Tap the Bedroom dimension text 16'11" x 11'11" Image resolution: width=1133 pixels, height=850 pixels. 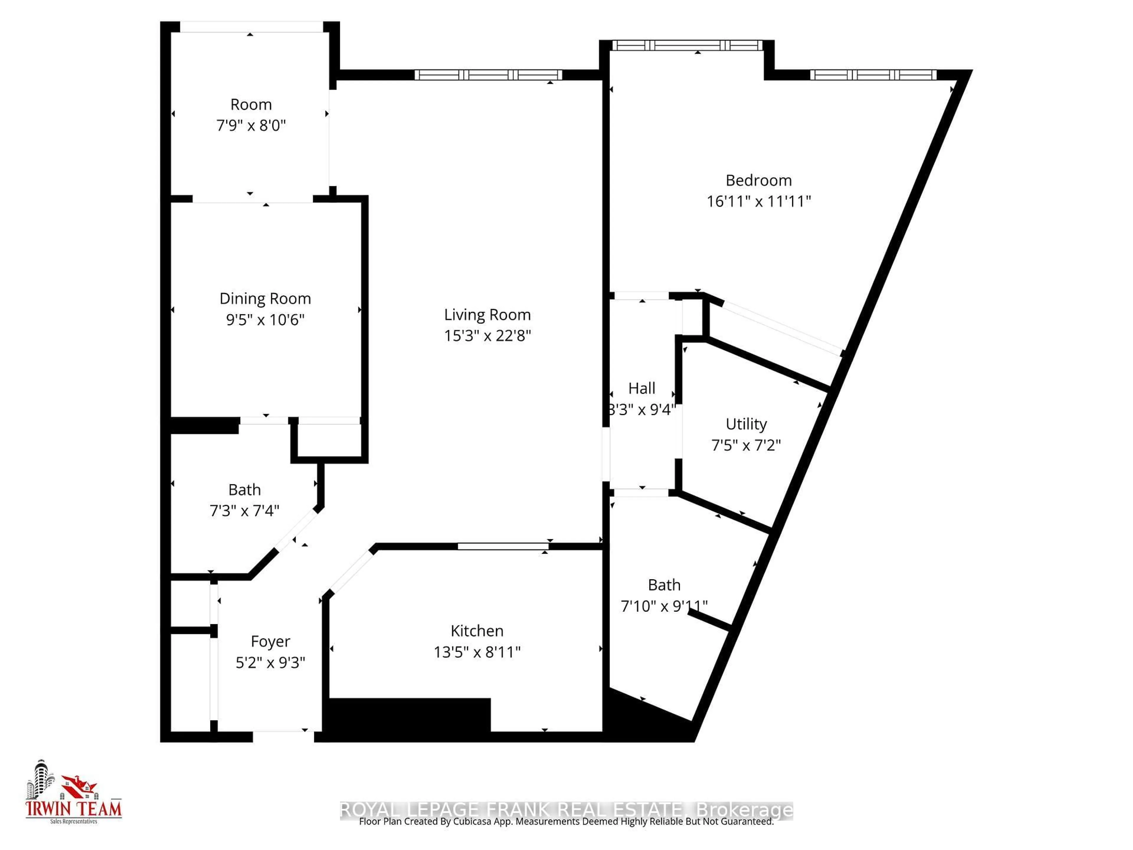(759, 201)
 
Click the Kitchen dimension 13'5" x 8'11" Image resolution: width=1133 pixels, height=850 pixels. (477, 652)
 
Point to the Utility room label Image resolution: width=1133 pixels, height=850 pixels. (746, 424)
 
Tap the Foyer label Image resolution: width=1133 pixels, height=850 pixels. (271, 641)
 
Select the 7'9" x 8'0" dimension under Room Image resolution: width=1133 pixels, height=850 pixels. (251, 125)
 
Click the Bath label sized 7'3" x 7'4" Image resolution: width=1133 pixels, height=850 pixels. (244, 490)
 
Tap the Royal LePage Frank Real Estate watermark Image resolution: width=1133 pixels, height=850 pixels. (566, 810)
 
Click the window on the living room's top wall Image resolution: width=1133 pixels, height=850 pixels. (488, 75)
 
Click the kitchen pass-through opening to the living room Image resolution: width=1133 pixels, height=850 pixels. (503, 547)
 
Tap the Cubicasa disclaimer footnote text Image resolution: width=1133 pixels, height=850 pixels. (566, 822)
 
